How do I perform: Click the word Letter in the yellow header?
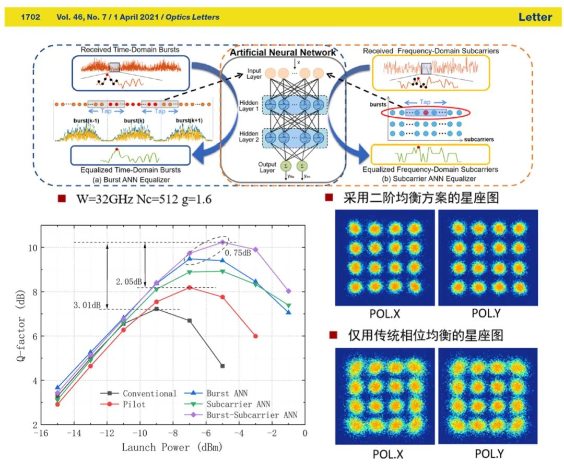tap(535, 17)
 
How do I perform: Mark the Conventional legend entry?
tap(149, 394)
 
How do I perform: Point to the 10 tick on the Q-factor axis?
tap(32, 248)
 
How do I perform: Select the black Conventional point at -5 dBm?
tap(222, 366)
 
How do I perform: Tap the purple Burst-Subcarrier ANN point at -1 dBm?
tap(288, 291)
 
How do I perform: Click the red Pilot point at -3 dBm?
tap(255, 336)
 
